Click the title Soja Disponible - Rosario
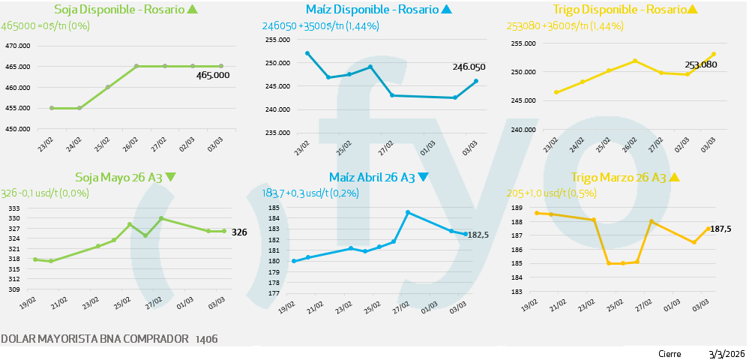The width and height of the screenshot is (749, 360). [118, 10]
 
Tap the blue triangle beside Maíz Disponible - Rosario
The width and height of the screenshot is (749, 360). [447, 10]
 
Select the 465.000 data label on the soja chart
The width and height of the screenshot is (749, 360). [213, 75]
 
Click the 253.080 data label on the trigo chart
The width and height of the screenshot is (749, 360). [701, 65]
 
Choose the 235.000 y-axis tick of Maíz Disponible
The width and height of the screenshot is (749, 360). [277, 133]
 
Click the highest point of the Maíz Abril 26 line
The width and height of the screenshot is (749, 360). [408, 212]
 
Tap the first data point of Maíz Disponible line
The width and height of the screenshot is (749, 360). [307, 53]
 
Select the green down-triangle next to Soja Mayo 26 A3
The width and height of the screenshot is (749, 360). [171, 178]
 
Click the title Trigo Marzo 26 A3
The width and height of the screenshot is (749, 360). [618, 178]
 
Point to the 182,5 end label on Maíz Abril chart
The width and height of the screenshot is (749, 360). [478, 235]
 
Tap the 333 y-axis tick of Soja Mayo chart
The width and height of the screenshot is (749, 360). [13, 208]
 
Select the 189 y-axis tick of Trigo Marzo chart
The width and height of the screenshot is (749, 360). [516, 208]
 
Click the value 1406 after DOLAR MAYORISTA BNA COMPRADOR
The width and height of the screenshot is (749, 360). [206, 340]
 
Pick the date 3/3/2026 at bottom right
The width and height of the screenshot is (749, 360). [726, 354]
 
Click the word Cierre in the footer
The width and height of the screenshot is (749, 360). [670, 354]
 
